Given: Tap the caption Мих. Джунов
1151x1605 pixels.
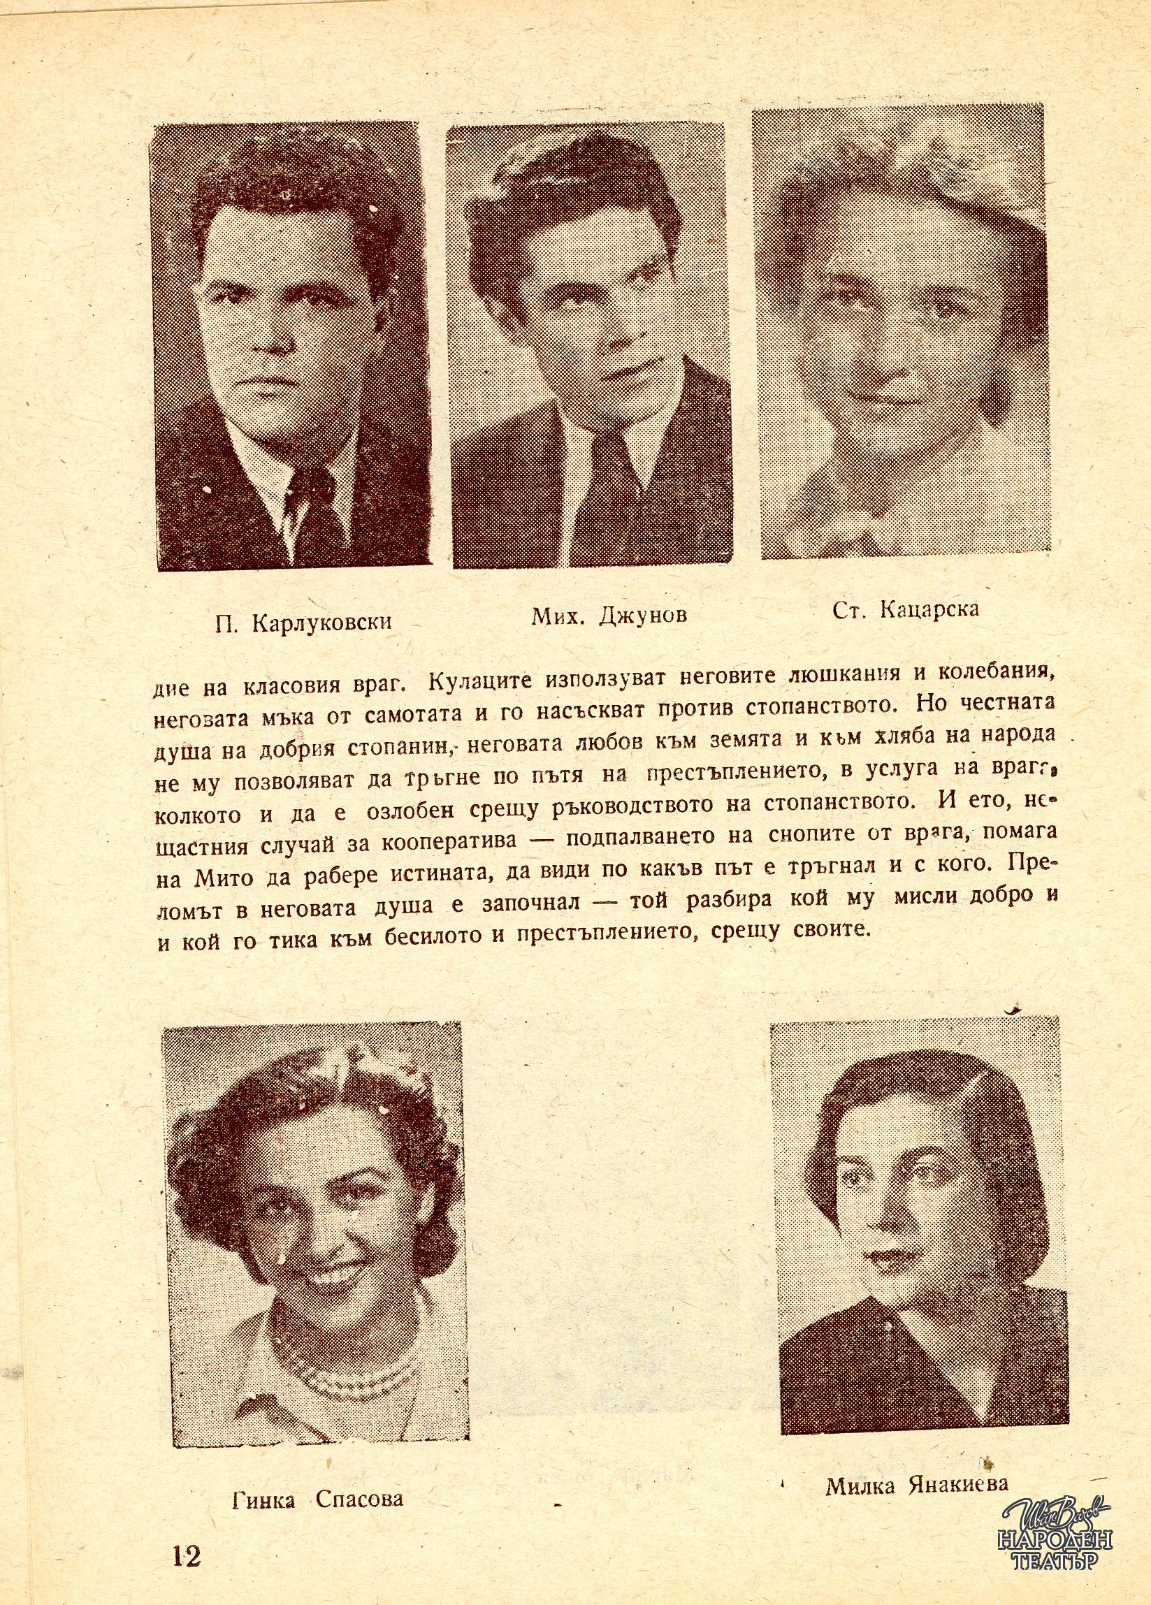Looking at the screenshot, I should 609,615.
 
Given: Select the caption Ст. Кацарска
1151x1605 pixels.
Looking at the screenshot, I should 906,609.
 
